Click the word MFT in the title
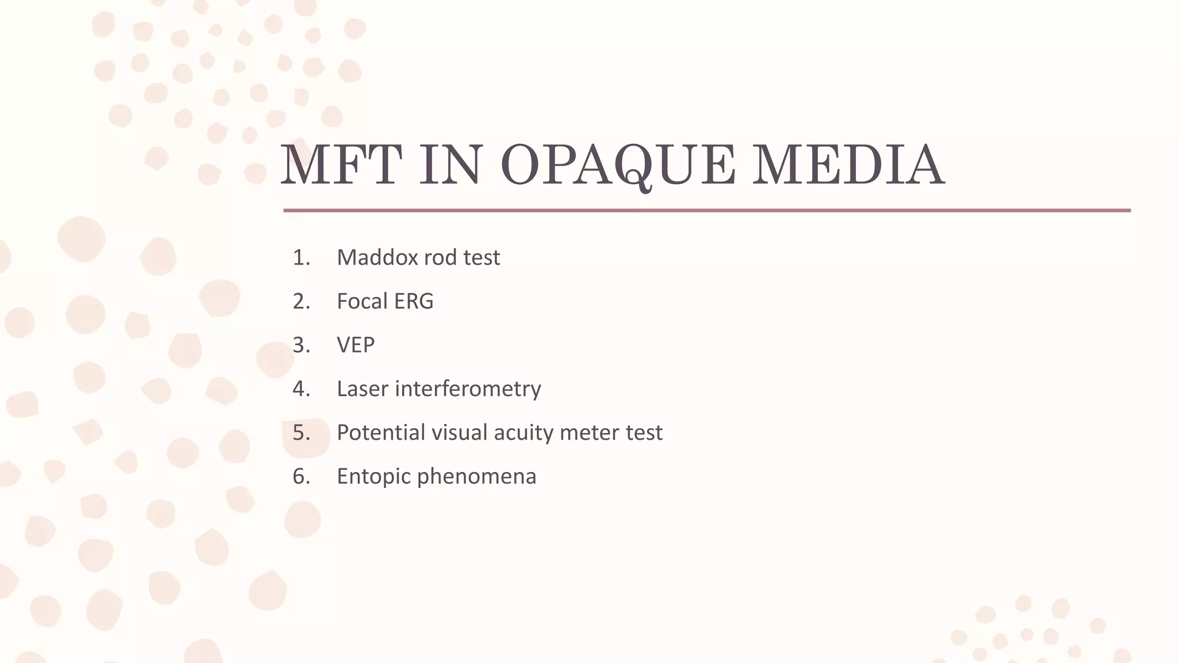[341, 166]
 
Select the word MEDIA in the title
[848, 166]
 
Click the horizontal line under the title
[706, 211]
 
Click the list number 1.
[301, 258]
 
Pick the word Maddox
[377, 258]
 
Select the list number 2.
[301, 302]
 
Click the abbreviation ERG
[414, 302]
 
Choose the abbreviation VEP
[355, 345]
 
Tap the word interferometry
[468, 389]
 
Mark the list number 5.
[301, 433]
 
